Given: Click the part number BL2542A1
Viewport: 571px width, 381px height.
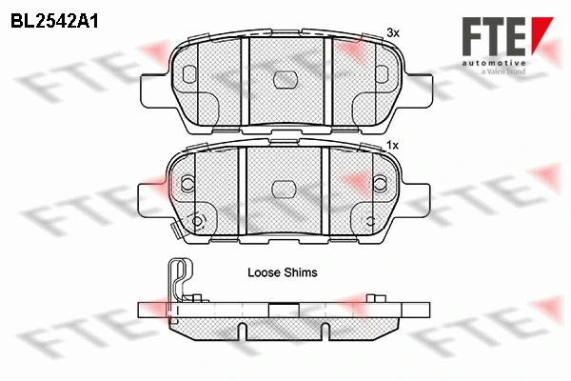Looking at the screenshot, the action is (54, 21).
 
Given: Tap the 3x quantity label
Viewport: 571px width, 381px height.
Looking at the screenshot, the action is (393, 33).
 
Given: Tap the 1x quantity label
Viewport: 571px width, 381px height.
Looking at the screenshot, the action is (392, 146).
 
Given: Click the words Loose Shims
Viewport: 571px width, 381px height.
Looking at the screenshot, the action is (283, 272).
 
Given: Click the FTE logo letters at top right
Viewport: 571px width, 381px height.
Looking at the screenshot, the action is (495, 36).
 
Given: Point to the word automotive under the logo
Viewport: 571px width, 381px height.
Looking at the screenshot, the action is (494, 64).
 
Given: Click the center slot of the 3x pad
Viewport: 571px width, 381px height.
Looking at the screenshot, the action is (285, 79).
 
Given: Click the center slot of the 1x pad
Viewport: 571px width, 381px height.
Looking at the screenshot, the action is (285, 189).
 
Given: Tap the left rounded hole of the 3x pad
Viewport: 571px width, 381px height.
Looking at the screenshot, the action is (189, 74).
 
